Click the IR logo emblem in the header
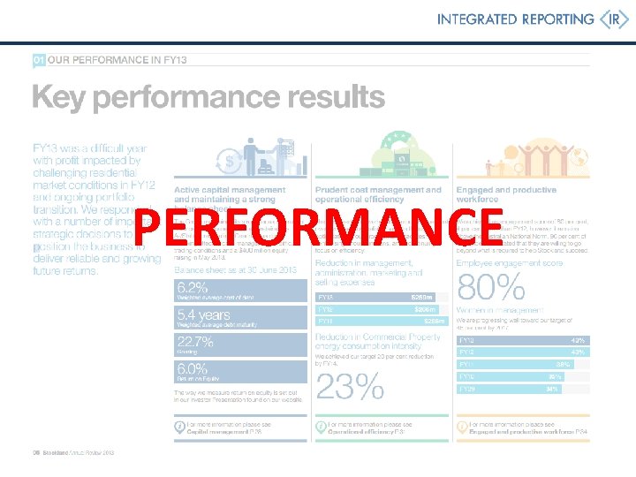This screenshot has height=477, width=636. tap(613, 19)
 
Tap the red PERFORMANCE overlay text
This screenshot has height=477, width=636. tap(317, 227)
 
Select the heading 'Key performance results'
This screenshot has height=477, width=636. tap(208, 96)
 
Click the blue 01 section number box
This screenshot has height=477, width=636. tap(38, 60)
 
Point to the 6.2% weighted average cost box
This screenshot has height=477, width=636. tap(240, 291)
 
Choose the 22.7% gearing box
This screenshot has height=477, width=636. tap(240, 344)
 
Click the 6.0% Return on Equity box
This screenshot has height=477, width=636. tap(240, 371)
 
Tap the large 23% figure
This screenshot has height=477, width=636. tap(350, 386)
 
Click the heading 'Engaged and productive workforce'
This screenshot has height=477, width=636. tap(506, 194)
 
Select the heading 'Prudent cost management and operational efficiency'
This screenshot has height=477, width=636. tap(378, 194)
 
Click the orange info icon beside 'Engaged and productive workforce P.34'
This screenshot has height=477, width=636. tap(462, 428)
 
